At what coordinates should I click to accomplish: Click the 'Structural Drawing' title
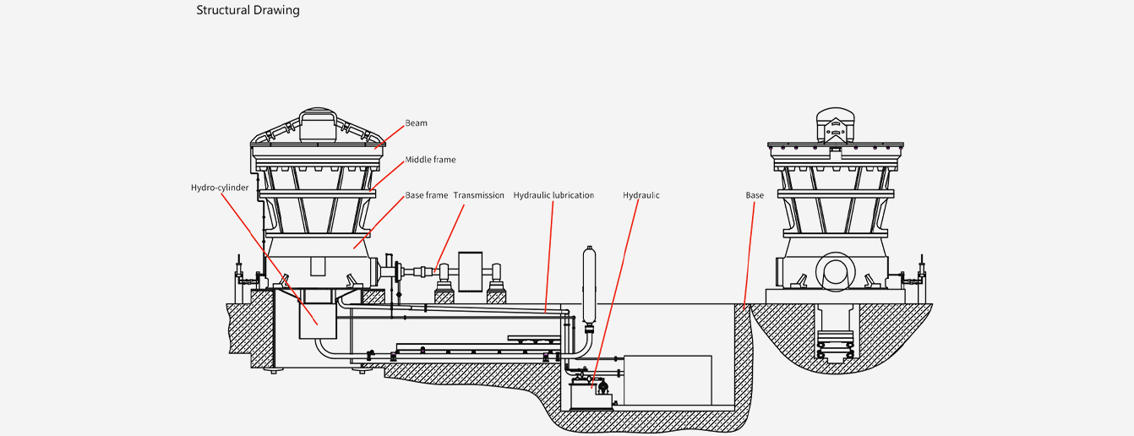tap(248, 11)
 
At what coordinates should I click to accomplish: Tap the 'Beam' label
tap(416, 123)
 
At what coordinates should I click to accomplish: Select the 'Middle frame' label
tap(430, 160)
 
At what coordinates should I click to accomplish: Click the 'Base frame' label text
tap(426, 195)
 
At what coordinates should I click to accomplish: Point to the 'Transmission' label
tap(478, 195)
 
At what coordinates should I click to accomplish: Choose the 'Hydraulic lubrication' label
tap(553, 195)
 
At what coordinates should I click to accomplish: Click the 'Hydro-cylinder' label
tap(220, 188)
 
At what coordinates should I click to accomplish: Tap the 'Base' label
tap(755, 195)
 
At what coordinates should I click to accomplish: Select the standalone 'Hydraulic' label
tap(641, 195)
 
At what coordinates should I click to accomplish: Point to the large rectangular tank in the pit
tap(668, 380)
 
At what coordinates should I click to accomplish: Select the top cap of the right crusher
tap(835, 124)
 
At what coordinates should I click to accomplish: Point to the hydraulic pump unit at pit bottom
tap(591, 394)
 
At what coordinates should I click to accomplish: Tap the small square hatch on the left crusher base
tap(318, 265)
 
